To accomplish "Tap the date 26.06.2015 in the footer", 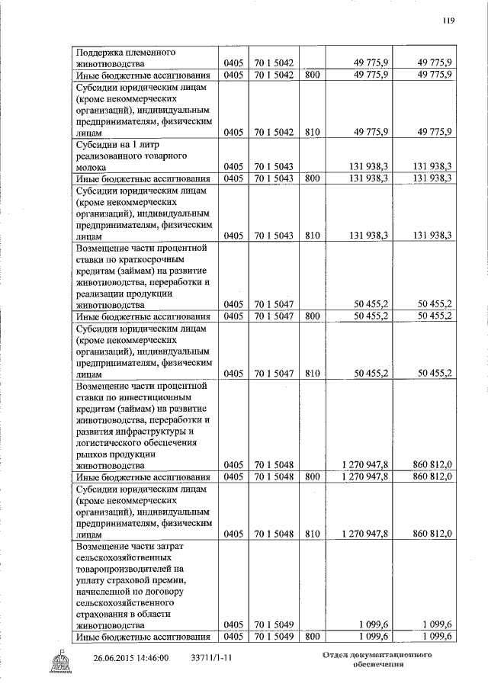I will [x=115, y=658].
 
